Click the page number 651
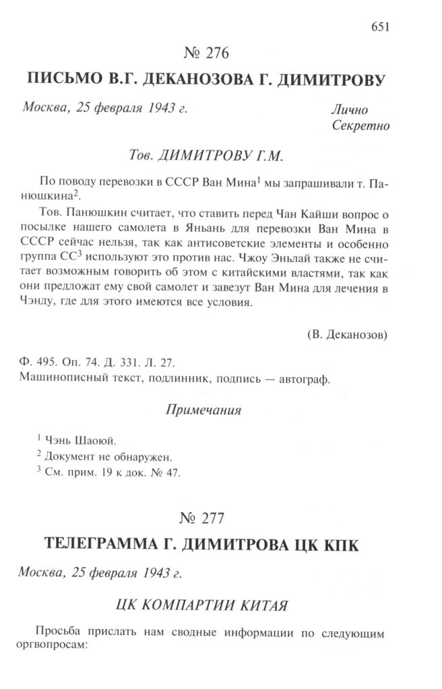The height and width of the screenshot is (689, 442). (x=381, y=27)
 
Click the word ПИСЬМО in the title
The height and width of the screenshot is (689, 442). (x=63, y=81)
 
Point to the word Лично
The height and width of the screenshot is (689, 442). (x=350, y=110)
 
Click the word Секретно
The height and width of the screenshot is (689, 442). (x=361, y=125)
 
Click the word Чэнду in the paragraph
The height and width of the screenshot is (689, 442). (x=42, y=302)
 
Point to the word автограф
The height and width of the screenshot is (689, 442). (x=307, y=379)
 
